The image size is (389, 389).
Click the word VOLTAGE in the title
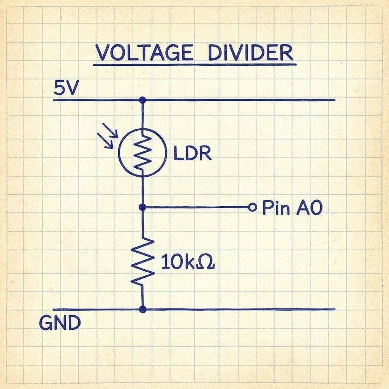144,53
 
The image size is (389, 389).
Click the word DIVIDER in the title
251,53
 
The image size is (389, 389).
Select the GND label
60,323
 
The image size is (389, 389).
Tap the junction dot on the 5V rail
142,100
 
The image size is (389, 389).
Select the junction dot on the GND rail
142,309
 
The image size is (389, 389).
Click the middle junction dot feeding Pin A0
142,207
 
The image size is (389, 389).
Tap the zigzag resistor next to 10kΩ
142,261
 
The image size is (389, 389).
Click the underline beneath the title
194,65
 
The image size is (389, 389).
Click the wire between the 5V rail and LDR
142,114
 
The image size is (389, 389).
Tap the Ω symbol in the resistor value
206,262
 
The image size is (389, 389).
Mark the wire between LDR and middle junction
142,191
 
